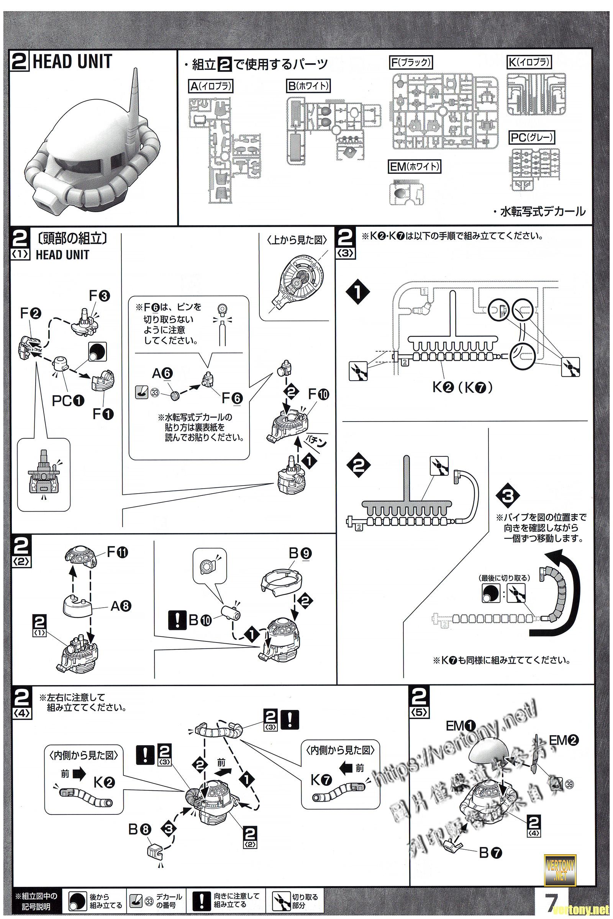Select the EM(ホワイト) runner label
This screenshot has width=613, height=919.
click(415, 167)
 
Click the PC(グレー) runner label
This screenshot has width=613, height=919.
click(533, 138)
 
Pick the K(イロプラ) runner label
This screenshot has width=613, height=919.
click(529, 62)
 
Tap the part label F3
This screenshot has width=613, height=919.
click(99, 296)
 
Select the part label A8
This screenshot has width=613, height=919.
click(121, 606)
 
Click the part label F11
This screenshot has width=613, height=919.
click(117, 552)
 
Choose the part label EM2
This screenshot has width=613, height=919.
click(563, 740)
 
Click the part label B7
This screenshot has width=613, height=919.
click(490, 853)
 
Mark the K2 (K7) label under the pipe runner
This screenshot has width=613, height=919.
click(462, 387)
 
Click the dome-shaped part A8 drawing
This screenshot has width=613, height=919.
click(78, 606)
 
